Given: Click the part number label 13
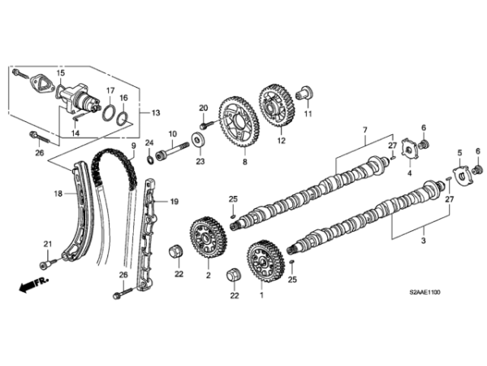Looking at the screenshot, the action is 156,113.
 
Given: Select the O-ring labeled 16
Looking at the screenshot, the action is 123,118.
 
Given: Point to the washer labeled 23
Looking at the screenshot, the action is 197,139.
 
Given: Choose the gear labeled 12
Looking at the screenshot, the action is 278,106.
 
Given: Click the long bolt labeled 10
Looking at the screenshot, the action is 172,150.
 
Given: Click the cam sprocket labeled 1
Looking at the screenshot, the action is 265,261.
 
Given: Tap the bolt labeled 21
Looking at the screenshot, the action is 49,264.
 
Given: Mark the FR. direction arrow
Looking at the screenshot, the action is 34,284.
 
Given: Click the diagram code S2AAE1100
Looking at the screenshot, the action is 425,292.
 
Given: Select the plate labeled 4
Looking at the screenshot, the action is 409,150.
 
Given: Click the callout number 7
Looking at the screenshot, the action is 364,129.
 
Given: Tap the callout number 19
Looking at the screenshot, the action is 175,202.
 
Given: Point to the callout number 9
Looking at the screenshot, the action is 134,146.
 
